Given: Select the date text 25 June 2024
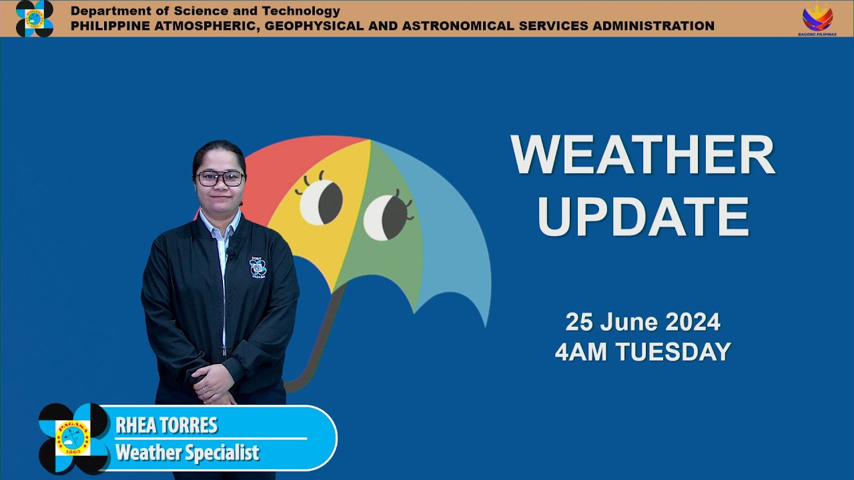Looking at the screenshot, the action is [x=643, y=322].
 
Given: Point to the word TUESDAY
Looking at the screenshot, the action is [x=674, y=351].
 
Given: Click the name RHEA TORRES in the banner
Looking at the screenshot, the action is [x=167, y=425].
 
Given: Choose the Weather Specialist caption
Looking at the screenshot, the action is [x=187, y=453].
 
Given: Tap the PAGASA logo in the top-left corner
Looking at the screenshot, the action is [x=35, y=18].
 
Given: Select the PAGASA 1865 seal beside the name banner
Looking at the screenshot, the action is [x=73, y=438].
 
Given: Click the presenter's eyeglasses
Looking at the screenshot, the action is [x=220, y=179].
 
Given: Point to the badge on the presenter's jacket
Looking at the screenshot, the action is [x=258, y=267].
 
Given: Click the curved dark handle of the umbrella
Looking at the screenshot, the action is [x=320, y=343].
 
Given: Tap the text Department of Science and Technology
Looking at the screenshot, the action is [x=205, y=11].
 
